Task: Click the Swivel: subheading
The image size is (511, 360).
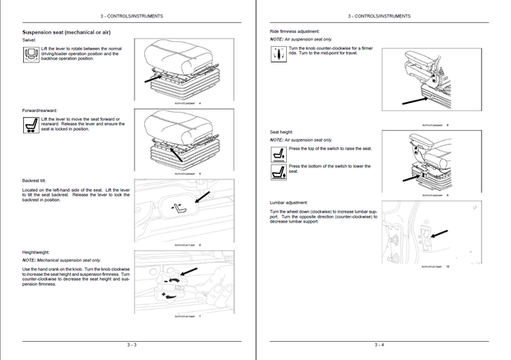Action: click(x=30, y=40)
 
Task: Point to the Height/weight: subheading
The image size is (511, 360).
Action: click(x=38, y=252)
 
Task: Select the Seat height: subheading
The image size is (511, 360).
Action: click(x=282, y=132)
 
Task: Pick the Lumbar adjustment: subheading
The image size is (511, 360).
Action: click(x=289, y=202)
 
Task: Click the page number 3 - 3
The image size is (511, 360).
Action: click(x=132, y=344)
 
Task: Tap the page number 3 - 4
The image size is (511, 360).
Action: click(x=379, y=344)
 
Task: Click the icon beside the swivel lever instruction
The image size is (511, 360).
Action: click(x=30, y=55)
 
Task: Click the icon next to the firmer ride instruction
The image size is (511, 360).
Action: click(x=278, y=54)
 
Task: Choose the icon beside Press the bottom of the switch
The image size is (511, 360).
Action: click(x=278, y=171)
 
